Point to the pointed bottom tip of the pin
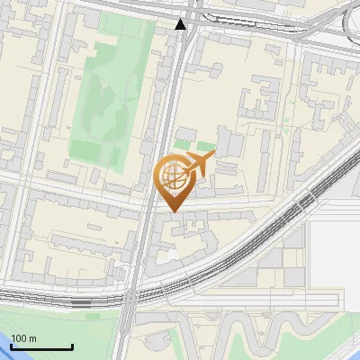click(x=173, y=211)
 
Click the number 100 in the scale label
click(x=19, y=338)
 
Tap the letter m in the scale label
click(x=33, y=338)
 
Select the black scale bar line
click(x=41, y=346)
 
